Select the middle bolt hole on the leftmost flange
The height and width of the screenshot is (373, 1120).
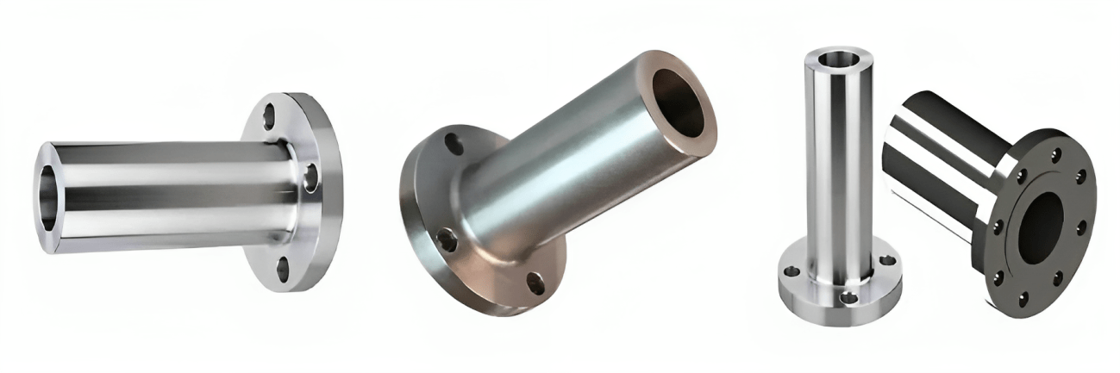pyautogui.click(x=310, y=177)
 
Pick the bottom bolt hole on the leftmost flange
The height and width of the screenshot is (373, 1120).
pyautogui.click(x=282, y=269)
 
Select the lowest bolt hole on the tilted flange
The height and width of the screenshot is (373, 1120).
pyautogui.click(x=536, y=281)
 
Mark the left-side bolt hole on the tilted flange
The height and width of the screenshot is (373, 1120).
pyautogui.click(x=446, y=239)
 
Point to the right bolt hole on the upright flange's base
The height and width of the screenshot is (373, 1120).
pyautogui.click(x=889, y=259)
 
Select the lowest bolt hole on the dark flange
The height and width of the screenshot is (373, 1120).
pyautogui.click(x=1023, y=298)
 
